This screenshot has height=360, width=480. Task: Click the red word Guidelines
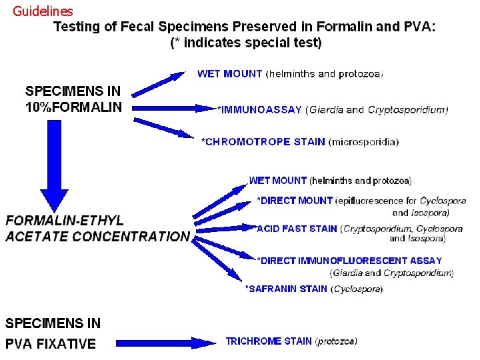[43, 11]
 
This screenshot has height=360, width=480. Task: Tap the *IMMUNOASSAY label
[259, 109]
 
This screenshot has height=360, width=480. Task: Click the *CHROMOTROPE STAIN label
[263, 141]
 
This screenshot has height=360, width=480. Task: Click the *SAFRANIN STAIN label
[286, 289]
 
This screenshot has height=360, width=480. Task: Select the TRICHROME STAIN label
[269, 341]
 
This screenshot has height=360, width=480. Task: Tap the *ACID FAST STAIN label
[297, 229]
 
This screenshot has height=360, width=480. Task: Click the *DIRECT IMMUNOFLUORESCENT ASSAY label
[349, 261]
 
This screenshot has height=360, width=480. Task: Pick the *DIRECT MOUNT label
[295, 200]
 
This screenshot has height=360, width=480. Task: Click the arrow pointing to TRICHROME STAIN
[167, 343]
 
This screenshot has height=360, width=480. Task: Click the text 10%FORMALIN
[74, 107]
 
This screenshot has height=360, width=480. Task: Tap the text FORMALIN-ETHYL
[65, 220]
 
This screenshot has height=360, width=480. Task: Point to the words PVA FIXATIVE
[51, 344]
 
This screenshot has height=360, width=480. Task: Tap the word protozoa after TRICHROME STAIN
[336, 341]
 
